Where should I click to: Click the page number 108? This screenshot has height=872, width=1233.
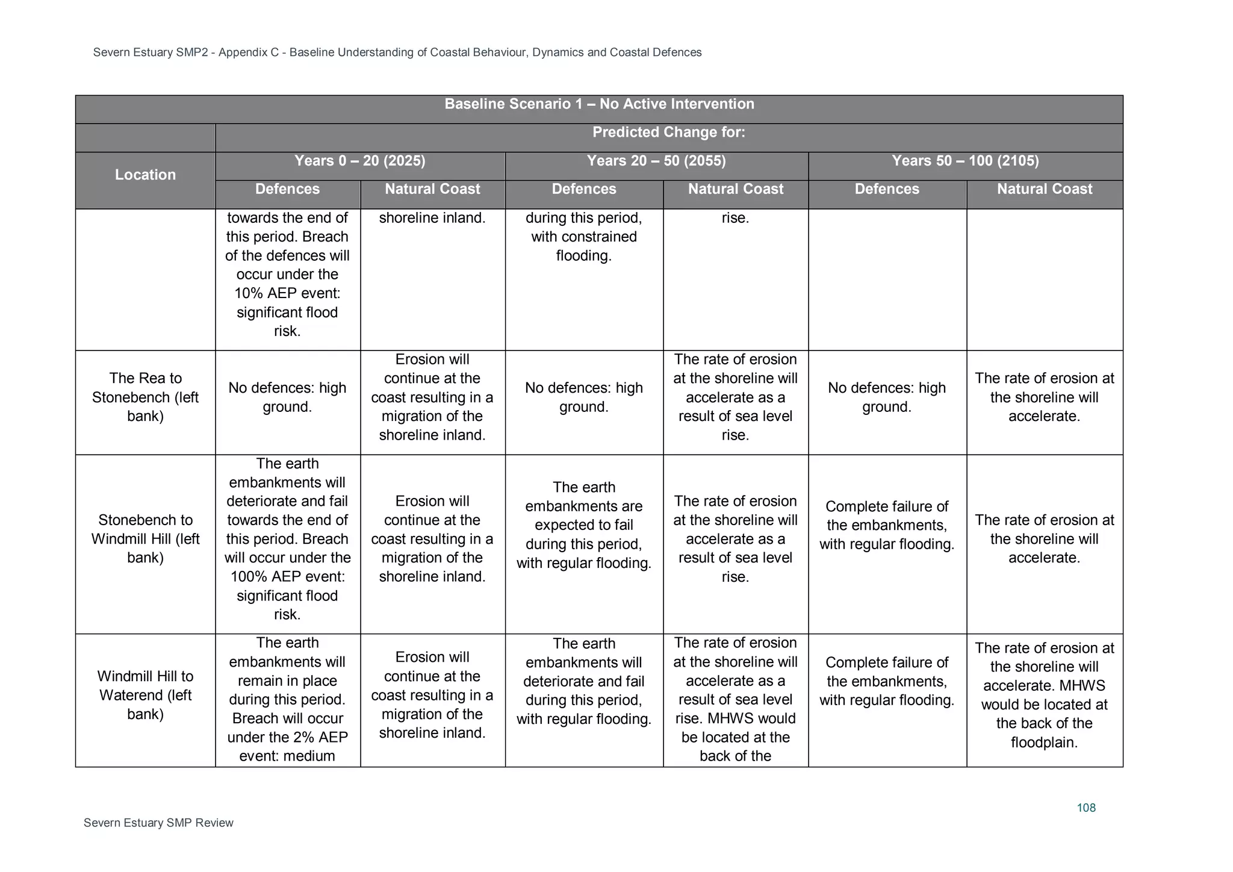click(x=1085, y=808)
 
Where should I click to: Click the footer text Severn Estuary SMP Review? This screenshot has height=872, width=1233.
click(x=158, y=823)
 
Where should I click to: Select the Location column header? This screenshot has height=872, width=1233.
click(x=145, y=175)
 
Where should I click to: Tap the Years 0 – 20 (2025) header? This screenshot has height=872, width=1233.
click(x=359, y=161)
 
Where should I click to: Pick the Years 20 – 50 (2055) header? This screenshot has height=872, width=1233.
click(x=656, y=161)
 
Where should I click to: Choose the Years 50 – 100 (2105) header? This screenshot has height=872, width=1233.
click(x=965, y=161)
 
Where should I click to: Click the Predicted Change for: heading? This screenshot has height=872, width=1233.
click(x=668, y=132)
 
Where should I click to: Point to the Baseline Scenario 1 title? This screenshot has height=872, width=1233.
click(x=598, y=104)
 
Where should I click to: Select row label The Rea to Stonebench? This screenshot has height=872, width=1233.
click(x=145, y=397)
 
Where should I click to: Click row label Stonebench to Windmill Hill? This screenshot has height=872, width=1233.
click(x=145, y=538)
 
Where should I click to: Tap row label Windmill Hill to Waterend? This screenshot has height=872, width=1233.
click(x=145, y=695)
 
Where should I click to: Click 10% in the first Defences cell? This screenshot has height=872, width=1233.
click(x=247, y=293)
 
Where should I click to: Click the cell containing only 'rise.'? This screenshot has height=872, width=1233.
click(x=735, y=218)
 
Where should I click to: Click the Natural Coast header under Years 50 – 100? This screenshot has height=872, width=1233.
click(x=1044, y=189)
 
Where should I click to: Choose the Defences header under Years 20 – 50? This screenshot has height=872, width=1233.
click(x=583, y=189)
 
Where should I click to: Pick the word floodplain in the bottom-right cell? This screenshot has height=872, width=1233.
click(x=1043, y=743)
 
